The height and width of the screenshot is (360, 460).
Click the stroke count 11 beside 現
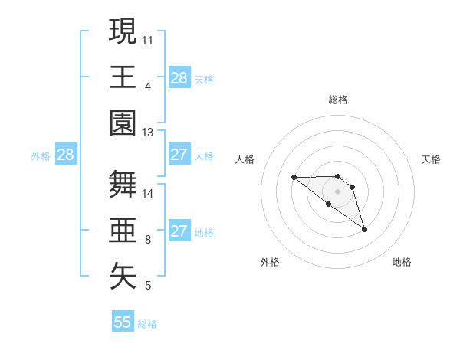pyautogui.click(x=148, y=39)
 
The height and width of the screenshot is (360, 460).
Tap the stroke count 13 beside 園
pyautogui.click(x=148, y=132)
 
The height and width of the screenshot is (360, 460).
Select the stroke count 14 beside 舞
pyautogui.click(x=148, y=193)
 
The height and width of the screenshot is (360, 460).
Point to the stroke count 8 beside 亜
pyautogui.click(x=148, y=240)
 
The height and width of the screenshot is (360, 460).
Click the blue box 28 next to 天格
pyautogui.click(x=179, y=78)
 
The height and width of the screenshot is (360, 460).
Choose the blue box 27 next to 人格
pyautogui.click(x=179, y=155)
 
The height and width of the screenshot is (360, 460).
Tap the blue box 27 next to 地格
pyautogui.click(x=179, y=231)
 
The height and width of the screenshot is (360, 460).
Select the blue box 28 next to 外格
pyautogui.click(x=66, y=155)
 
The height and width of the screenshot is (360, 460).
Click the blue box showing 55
pyautogui.click(x=123, y=322)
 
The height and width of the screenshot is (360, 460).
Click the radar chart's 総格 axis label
pyautogui.click(x=338, y=100)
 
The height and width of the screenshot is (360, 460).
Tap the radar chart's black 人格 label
pyautogui.click(x=245, y=159)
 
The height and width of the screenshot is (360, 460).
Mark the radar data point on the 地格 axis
pyautogui.click(x=364, y=229)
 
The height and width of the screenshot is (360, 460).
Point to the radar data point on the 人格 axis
pyautogui.click(x=294, y=178)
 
